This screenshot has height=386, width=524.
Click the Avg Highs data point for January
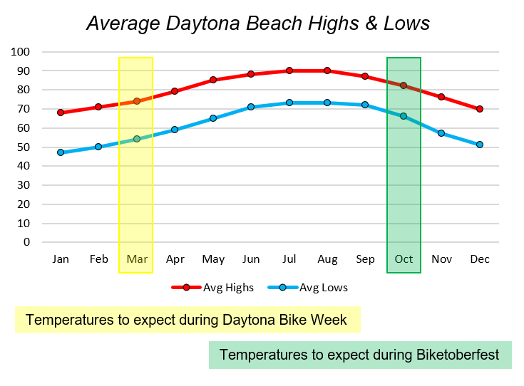(x=61, y=113)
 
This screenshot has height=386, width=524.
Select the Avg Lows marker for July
(x=289, y=103)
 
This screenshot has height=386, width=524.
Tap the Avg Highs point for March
(x=137, y=101)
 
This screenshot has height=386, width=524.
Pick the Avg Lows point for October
(x=404, y=116)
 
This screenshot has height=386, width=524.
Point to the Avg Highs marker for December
(x=480, y=109)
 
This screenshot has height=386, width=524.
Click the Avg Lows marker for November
(x=441, y=133)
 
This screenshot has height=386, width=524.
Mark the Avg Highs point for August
(x=327, y=71)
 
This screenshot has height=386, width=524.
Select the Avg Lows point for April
(x=175, y=130)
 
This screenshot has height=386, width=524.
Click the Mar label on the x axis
(x=137, y=259)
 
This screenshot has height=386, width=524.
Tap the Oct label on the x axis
(x=404, y=259)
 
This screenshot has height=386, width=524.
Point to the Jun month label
(x=251, y=259)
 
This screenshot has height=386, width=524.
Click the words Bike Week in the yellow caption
(x=314, y=320)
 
